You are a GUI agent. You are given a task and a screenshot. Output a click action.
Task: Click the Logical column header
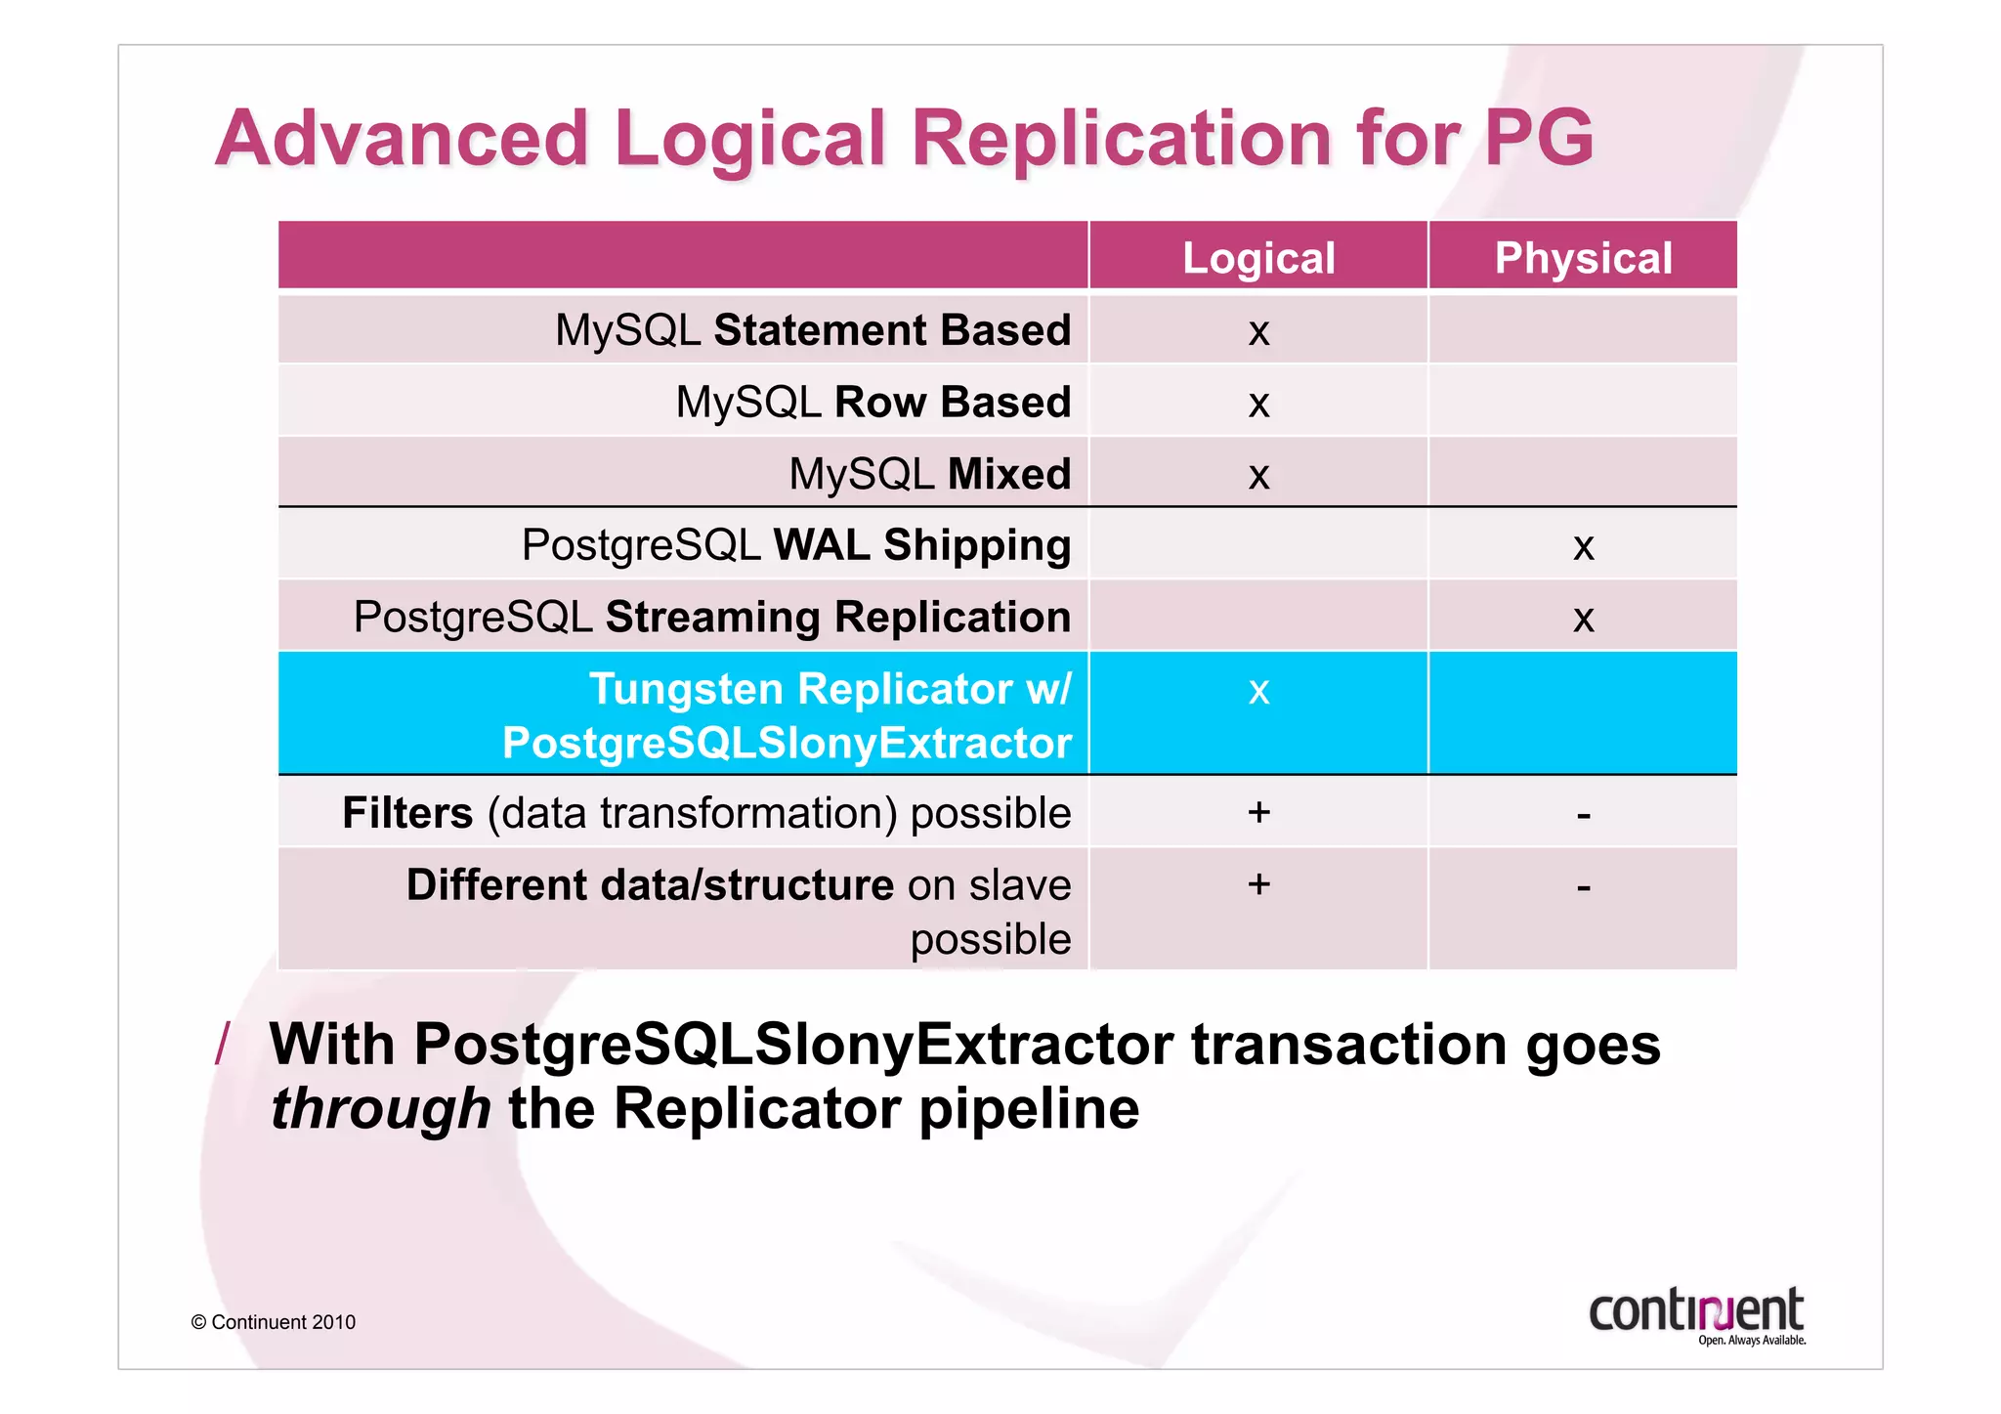coord(1258,258)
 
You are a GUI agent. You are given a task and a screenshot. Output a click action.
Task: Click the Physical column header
coord(1583,258)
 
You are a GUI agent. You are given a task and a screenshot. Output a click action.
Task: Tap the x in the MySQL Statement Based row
coord(1258,333)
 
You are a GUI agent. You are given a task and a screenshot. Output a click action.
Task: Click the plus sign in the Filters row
coord(1258,812)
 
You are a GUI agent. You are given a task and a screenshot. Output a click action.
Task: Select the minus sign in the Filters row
coord(1583,815)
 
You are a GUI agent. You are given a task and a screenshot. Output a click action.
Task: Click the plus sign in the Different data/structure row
coord(1258,884)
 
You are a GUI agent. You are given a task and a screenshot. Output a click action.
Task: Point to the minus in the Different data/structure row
coord(1583,887)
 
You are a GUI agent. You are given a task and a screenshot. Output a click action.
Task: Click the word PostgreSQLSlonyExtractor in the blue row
coord(787,744)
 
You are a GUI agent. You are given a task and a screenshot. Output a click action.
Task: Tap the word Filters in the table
coord(407,813)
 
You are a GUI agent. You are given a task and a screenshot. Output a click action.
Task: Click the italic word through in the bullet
coord(380,1109)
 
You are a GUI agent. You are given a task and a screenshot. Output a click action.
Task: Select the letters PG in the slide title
coord(1539,139)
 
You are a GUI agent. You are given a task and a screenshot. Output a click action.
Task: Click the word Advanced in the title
coord(402,139)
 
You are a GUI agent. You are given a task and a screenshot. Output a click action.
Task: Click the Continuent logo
coord(1697,1315)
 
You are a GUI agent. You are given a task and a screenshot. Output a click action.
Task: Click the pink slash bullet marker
coord(223,1044)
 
